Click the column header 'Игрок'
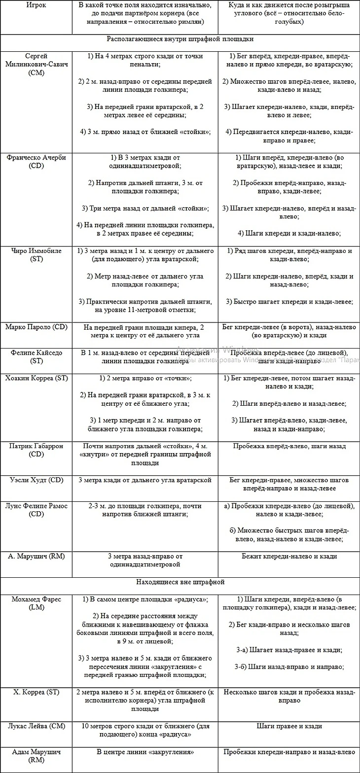pyautogui.click(x=36, y=6)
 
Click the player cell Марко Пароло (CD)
pyautogui.click(x=36, y=327)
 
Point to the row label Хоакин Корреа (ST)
pyautogui.click(x=36, y=378)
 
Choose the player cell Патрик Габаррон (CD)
pyautogui.click(x=36, y=450)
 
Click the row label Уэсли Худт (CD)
pyautogui.click(x=36, y=480)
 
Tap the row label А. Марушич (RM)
pyautogui.click(x=36, y=556)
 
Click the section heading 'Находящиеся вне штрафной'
pyautogui.click(x=180, y=582)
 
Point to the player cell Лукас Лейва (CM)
pyautogui.click(x=36, y=726)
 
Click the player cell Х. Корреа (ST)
pyautogui.click(x=36, y=692)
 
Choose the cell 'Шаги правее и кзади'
pyautogui.click(x=289, y=726)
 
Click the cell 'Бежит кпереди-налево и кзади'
pyautogui.click(x=289, y=556)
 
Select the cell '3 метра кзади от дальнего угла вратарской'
pyautogui.click(x=144, y=480)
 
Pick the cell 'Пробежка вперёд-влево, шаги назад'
pyautogui.click(x=289, y=446)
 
